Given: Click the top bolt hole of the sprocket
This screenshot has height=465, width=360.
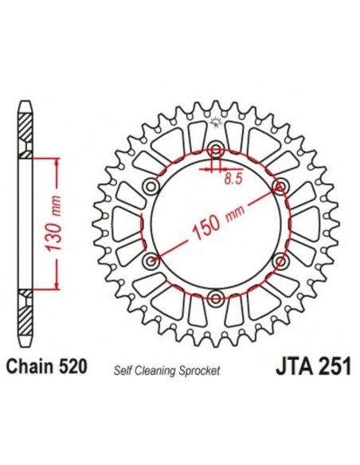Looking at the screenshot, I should pyautogui.click(x=216, y=149).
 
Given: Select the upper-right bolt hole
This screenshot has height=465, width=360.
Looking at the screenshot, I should pyautogui.click(x=280, y=186).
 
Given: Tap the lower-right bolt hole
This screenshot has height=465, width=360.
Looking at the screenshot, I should pyautogui.click(x=280, y=260).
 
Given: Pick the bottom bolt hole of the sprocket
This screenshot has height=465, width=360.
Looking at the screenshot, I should pyautogui.click(x=216, y=298).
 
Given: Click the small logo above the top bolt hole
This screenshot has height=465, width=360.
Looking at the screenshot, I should pyautogui.click(x=216, y=121).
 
